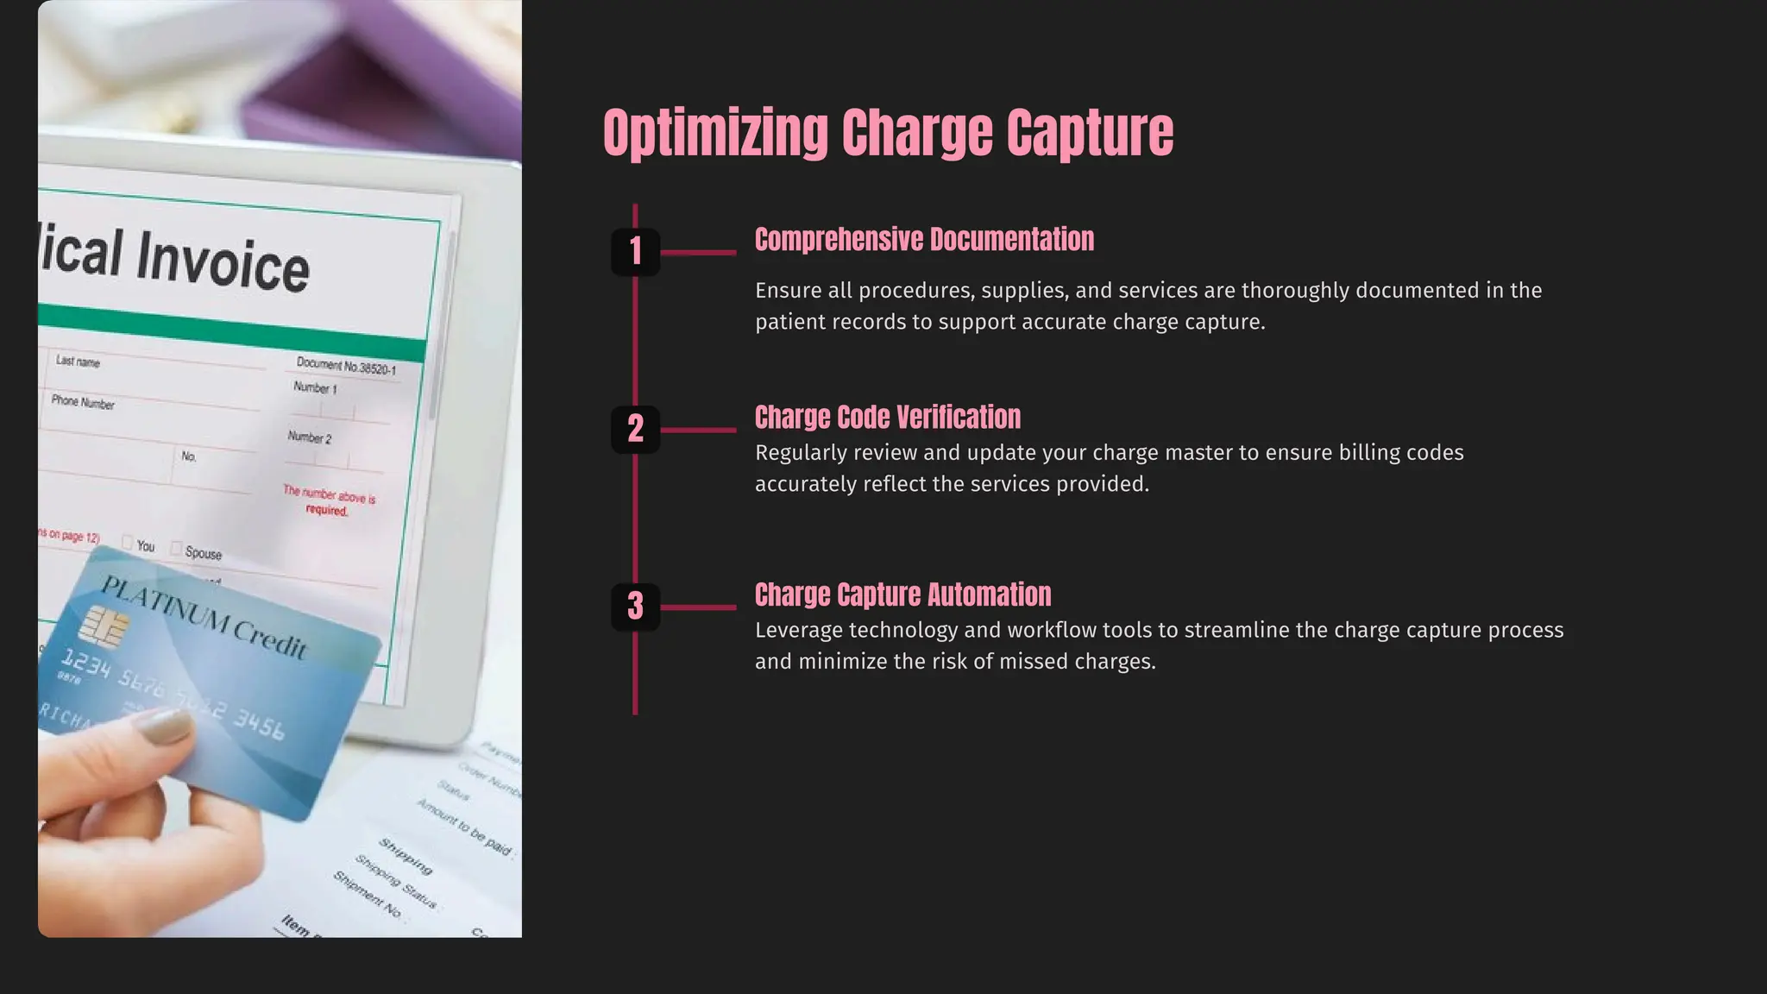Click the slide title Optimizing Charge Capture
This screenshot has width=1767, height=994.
click(x=888, y=133)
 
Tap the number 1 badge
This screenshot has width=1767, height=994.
click(x=636, y=252)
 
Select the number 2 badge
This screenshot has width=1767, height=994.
click(x=636, y=429)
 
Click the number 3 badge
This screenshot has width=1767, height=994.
click(x=636, y=607)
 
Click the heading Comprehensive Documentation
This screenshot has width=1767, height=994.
click(x=924, y=240)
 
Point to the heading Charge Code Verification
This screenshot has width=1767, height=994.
click(x=887, y=418)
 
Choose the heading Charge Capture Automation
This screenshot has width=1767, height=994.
click(x=902, y=595)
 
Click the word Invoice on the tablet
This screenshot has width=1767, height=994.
click(x=223, y=261)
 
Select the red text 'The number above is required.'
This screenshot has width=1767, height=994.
click(x=329, y=500)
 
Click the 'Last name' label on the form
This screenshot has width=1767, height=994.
click(x=78, y=362)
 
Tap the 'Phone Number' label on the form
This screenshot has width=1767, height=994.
click(x=83, y=402)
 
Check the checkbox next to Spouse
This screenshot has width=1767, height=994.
click(x=176, y=549)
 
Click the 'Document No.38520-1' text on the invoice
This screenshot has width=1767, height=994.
click(x=346, y=366)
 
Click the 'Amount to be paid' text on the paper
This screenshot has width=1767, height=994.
click(x=465, y=826)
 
